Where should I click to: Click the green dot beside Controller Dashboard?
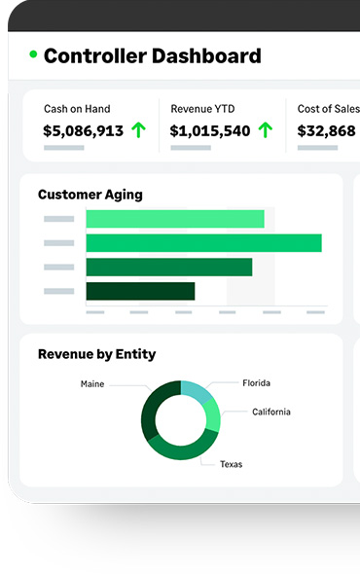(33, 54)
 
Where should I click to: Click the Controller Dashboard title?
(153, 56)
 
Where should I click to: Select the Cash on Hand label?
(77, 109)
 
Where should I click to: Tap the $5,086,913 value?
(83, 130)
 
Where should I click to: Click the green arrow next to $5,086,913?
(139, 130)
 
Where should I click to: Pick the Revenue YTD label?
(202, 109)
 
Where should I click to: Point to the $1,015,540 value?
(210, 130)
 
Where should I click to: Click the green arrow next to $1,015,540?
(265, 130)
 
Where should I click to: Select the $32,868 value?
(326, 130)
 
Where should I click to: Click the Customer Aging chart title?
(90, 195)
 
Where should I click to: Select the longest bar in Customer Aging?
(203, 243)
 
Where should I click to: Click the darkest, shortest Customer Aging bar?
(140, 291)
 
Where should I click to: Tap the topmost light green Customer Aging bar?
(175, 219)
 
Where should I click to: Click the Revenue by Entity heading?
(96, 354)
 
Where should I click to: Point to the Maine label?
(91, 384)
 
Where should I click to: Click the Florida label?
(256, 383)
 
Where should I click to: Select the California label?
(270, 412)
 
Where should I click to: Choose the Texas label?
(231, 464)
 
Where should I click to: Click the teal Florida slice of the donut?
(196, 391)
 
